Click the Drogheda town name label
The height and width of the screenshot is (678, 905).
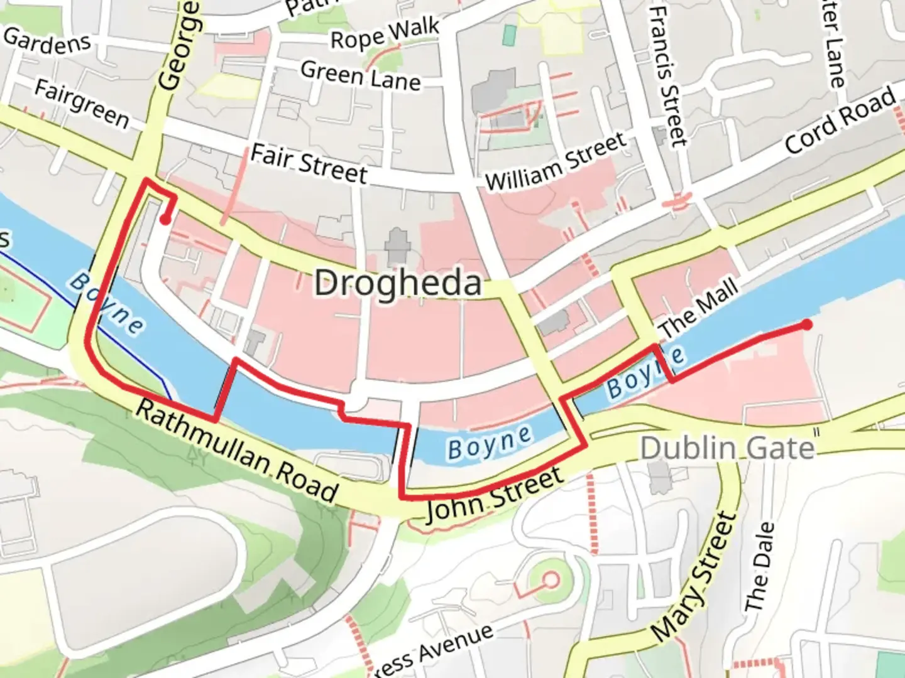pyautogui.click(x=397, y=283)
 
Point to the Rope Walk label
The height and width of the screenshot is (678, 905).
pyautogui.click(x=385, y=34)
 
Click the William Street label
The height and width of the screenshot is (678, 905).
pyautogui.click(x=556, y=162)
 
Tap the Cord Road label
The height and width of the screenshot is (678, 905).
pyautogui.click(x=840, y=119)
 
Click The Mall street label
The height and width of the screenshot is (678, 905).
pyautogui.click(x=698, y=308)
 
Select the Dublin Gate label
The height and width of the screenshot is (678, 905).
pyautogui.click(x=727, y=448)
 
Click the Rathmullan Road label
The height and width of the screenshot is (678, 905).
pyautogui.click(x=237, y=451)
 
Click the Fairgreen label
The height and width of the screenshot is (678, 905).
pyautogui.click(x=81, y=103)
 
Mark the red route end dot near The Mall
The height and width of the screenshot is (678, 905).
pyautogui.click(x=806, y=325)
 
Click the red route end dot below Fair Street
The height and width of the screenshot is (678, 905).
pyautogui.click(x=165, y=220)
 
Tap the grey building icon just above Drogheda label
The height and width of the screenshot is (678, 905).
pyautogui.click(x=397, y=246)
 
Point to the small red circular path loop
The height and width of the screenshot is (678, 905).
pyautogui.click(x=551, y=580)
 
